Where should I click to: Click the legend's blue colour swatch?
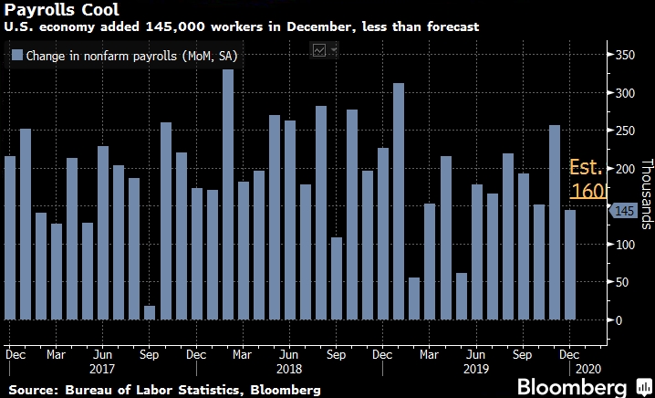pyautogui.click(x=17, y=57)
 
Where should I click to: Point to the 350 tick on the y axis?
pyautogui.click(x=623, y=56)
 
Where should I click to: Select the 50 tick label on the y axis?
pyautogui.click(x=620, y=282)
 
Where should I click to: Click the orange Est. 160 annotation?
pyautogui.click(x=587, y=180)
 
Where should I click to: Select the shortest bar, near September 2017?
pyautogui.click(x=150, y=312)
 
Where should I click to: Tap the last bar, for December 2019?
pyautogui.click(x=570, y=265)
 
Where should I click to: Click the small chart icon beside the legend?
pyautogui.click(x=320, y=51)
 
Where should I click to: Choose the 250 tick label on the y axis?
pyautogui.click(x=623, y=131)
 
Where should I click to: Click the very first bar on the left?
pyautogui.click(x=10, y=238)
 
